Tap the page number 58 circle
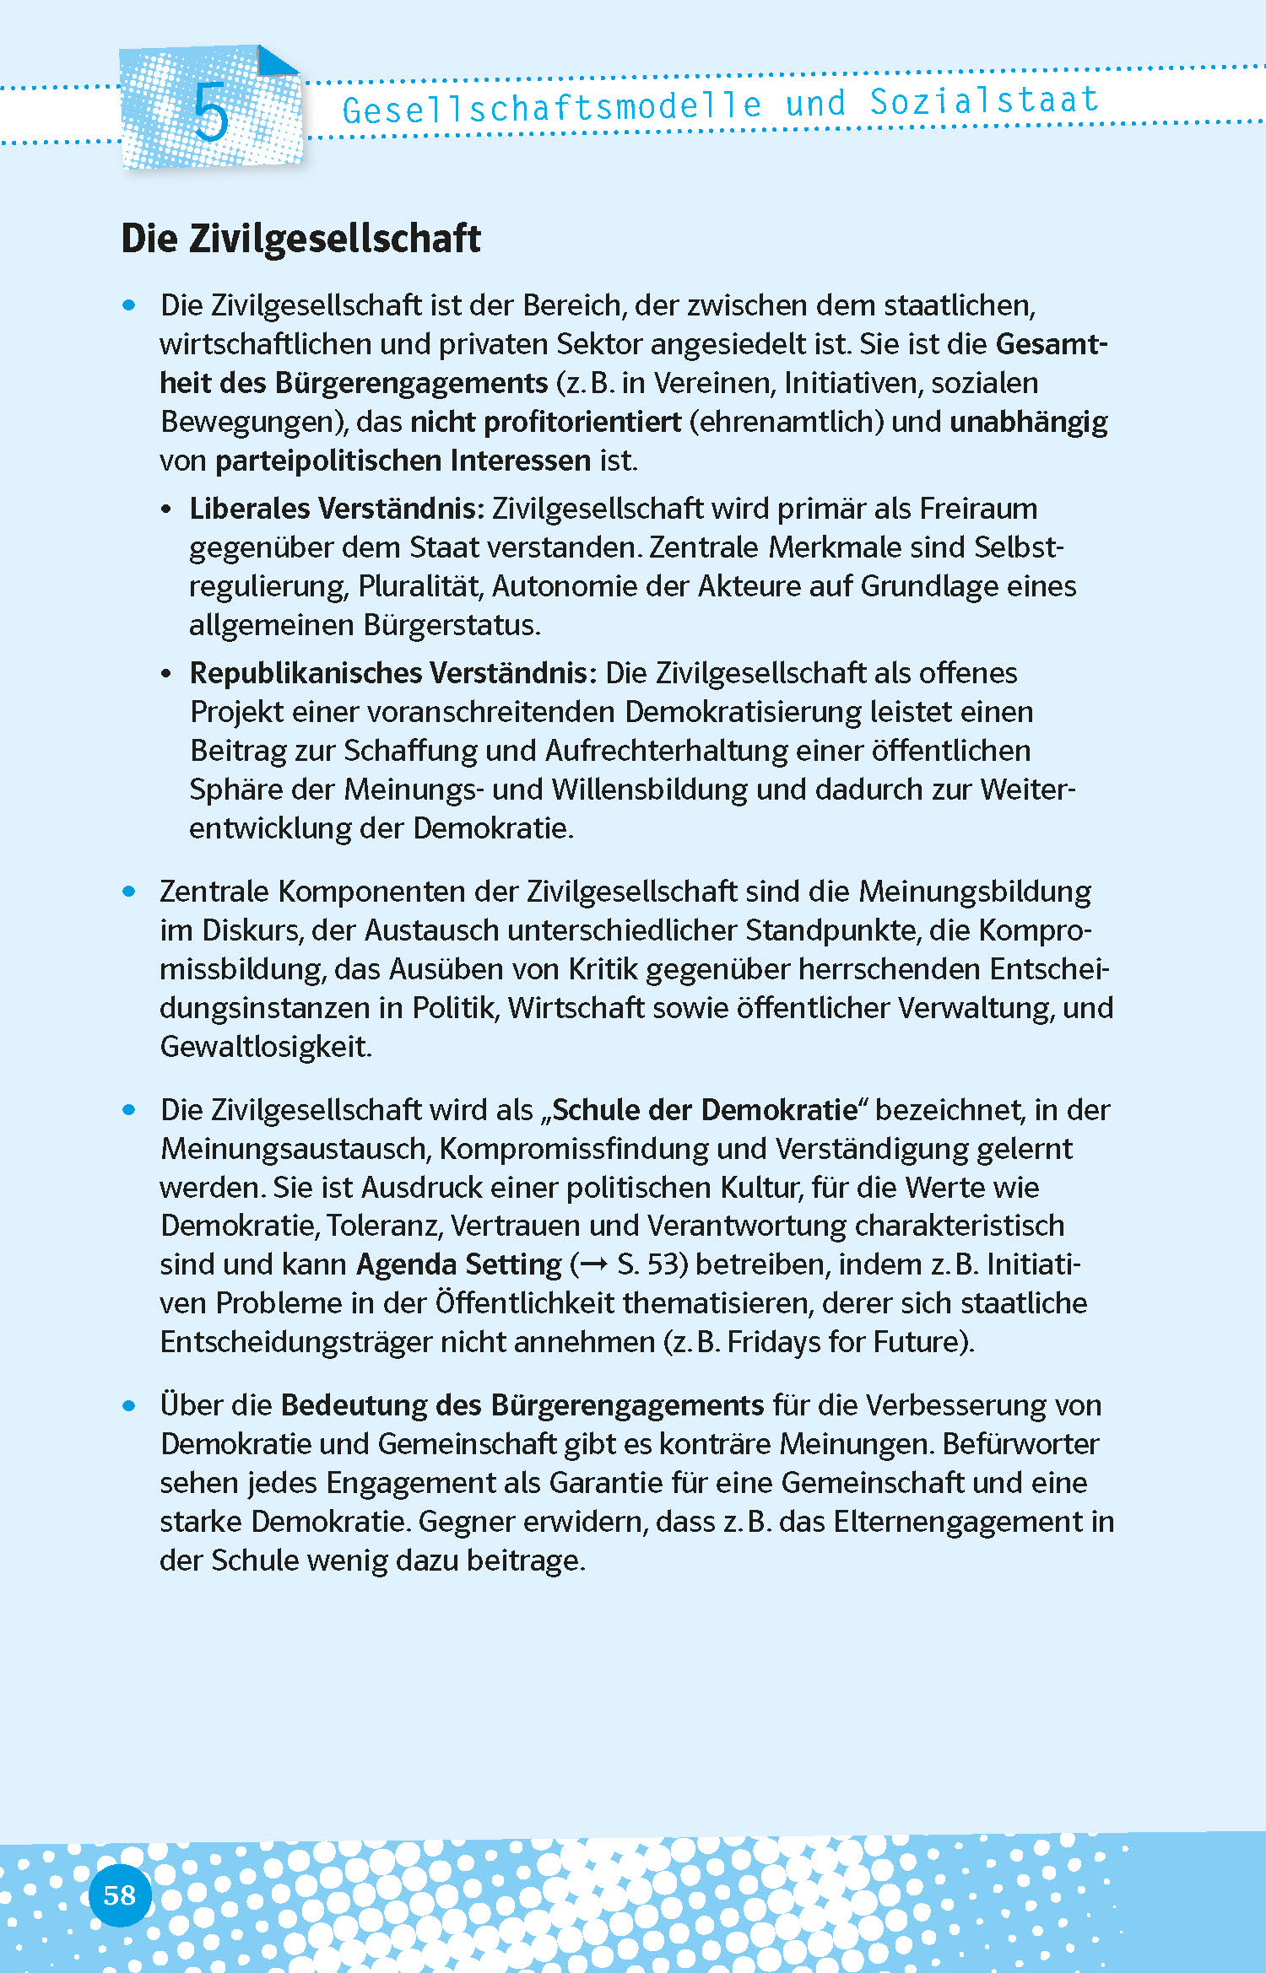(120, 1895)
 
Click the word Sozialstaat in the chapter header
(984, 101)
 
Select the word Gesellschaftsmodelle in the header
(552, 108)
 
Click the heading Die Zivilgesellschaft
(300, 238)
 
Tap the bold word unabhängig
(1028, 422)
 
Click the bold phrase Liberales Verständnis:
(337, 509)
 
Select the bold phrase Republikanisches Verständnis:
(393, 673)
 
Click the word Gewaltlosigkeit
(265, 1047)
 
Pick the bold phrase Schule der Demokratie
(705, 1110)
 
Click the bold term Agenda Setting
(458, 1264)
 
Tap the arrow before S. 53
(594, 1264)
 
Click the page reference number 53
(663, 1264)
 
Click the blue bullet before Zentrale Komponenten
(129, 892)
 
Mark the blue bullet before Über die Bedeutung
(129, 1405)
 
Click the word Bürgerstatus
(451, 625)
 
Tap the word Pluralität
(419, 586)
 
